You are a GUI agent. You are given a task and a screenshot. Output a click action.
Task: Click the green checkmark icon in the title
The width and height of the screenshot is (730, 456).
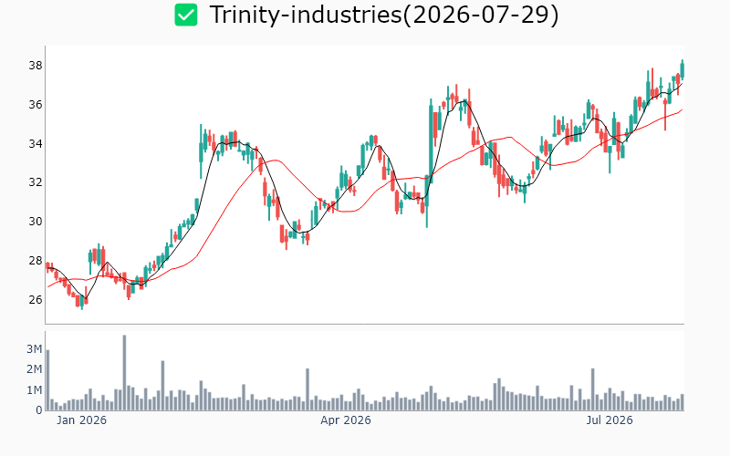coord(186,15)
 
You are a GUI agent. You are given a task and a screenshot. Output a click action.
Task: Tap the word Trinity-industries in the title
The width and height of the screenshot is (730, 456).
coord(306,15)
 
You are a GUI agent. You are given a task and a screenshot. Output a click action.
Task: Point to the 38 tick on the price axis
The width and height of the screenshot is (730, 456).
coord(36,66)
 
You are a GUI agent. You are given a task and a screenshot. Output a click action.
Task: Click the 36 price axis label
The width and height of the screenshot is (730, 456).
coord(36,105)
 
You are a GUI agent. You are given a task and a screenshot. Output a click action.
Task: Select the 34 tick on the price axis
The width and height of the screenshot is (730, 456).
coord(36,144)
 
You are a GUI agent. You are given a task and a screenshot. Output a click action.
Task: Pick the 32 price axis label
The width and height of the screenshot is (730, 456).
coord(36,181)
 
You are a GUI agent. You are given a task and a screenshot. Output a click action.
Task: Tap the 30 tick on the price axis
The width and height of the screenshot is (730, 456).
coord(36,221)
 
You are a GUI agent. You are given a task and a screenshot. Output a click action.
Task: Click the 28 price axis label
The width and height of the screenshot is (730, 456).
coord(36,261)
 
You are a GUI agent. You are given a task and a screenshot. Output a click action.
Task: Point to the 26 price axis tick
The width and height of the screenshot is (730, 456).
coord(36,299)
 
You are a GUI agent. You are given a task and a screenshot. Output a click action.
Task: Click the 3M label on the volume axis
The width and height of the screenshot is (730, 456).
coord(35,349)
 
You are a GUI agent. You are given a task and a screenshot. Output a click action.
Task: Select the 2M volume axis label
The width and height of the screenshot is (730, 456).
coord(35,369)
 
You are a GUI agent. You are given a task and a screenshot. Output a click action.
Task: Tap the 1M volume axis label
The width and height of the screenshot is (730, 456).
coord(35,390)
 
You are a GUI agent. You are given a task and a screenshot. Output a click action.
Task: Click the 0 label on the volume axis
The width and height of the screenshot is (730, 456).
coord(39,410)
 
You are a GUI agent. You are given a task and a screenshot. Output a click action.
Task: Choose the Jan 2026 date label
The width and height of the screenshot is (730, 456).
coord(81,420)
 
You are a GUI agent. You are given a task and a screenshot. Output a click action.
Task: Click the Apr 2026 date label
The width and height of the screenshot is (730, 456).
coord(346,420)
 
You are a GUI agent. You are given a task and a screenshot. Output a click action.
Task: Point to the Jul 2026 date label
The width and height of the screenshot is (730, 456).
coord(609,420)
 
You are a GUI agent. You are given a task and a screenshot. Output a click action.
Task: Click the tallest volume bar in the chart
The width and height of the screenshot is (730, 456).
coord(124,373)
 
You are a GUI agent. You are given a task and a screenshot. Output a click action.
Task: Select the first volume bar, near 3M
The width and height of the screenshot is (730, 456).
coord(48,380)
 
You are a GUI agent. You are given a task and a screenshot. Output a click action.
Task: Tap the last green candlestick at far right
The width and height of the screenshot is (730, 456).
coord(683,70)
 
